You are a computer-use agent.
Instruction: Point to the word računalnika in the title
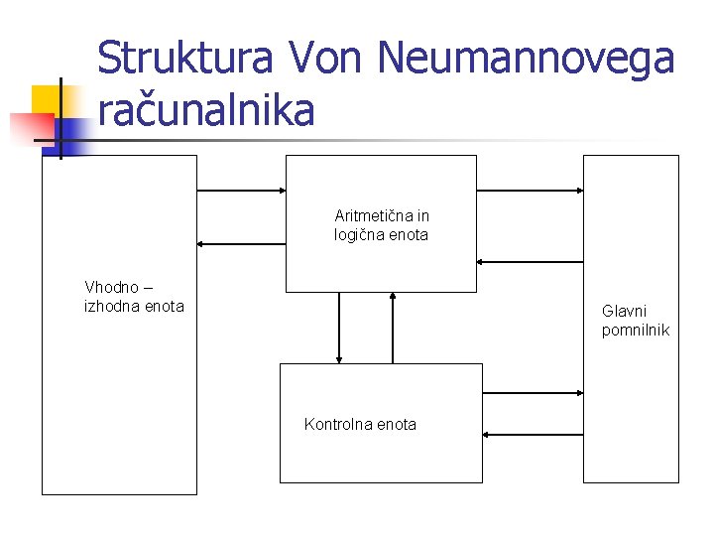[x=206, y=111]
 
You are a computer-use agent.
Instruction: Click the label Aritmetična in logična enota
[x=382, y=225]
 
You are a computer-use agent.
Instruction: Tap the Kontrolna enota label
[x=360, y=424]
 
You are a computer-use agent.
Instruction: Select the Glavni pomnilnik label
[x=636, y=320]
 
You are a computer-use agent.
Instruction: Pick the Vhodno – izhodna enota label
[x=134, y=297]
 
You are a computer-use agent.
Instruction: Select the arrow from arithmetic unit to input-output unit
[x=241, y=243]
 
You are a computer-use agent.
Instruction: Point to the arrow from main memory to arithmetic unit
[x=530, y=262]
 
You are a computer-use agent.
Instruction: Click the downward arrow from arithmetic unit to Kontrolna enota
[x=339, y=328]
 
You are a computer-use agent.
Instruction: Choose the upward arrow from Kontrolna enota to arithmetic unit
[x=394, y=328]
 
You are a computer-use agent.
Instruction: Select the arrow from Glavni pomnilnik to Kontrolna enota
[x=533, y=434]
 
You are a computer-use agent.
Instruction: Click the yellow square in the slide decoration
[x=47, y=101]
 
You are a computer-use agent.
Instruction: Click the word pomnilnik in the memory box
[x=636, y=330]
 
